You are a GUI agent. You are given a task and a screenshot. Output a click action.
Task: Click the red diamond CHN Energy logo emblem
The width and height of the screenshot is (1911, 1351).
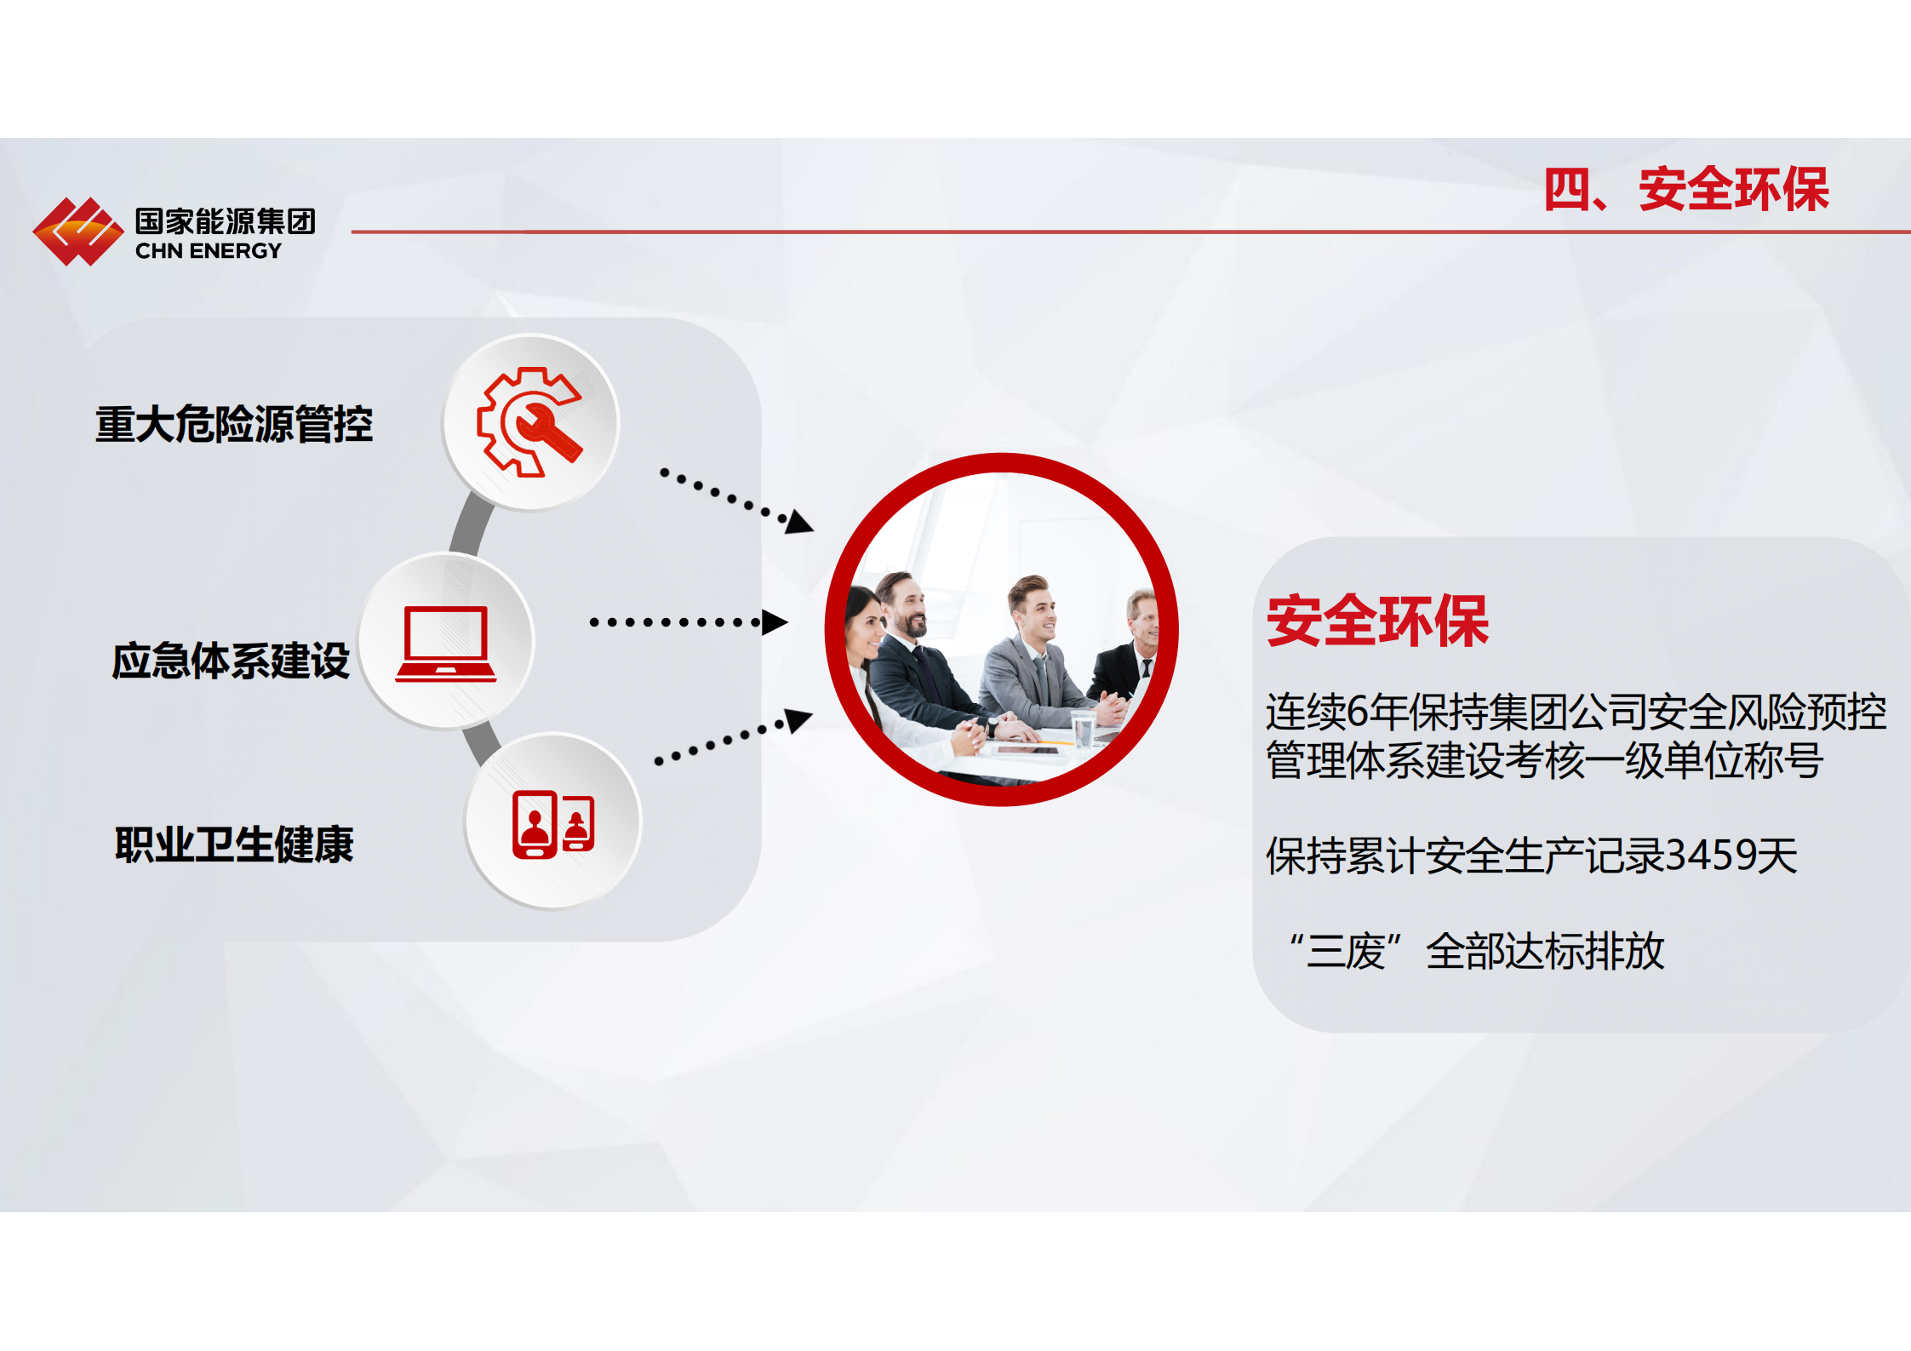pos(77,232)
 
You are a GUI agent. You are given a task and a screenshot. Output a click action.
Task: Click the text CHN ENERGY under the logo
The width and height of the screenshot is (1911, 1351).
pos(208,251)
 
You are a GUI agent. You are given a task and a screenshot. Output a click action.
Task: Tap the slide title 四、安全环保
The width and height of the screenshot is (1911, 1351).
pos(1686,189)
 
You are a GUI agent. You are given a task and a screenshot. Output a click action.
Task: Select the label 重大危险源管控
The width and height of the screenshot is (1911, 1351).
pos(234,424)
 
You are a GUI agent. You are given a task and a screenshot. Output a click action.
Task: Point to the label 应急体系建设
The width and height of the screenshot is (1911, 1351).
pos(231,661)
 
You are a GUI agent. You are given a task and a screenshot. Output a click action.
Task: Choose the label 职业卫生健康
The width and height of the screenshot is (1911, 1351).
pos(234,844)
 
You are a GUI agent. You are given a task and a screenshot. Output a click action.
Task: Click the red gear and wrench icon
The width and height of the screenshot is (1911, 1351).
pos(529,422)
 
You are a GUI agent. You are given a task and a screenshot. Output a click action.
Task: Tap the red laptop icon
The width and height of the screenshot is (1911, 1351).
pos(446,644)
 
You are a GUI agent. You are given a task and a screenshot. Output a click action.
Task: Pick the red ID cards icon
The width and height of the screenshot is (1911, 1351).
pos(553,824)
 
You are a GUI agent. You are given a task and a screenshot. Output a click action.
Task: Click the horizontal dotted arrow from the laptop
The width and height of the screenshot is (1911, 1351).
pos(689,622)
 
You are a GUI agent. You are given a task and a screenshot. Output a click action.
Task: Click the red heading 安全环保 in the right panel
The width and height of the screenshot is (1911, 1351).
pos(1377,621)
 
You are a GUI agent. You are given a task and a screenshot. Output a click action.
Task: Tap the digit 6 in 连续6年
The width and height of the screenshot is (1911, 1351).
pos(1358,712)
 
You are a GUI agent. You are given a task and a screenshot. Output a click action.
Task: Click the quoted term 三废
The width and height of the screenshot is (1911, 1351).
pos(1345,951)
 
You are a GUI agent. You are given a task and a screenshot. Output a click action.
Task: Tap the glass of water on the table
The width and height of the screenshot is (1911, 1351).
pos(1083,730)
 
